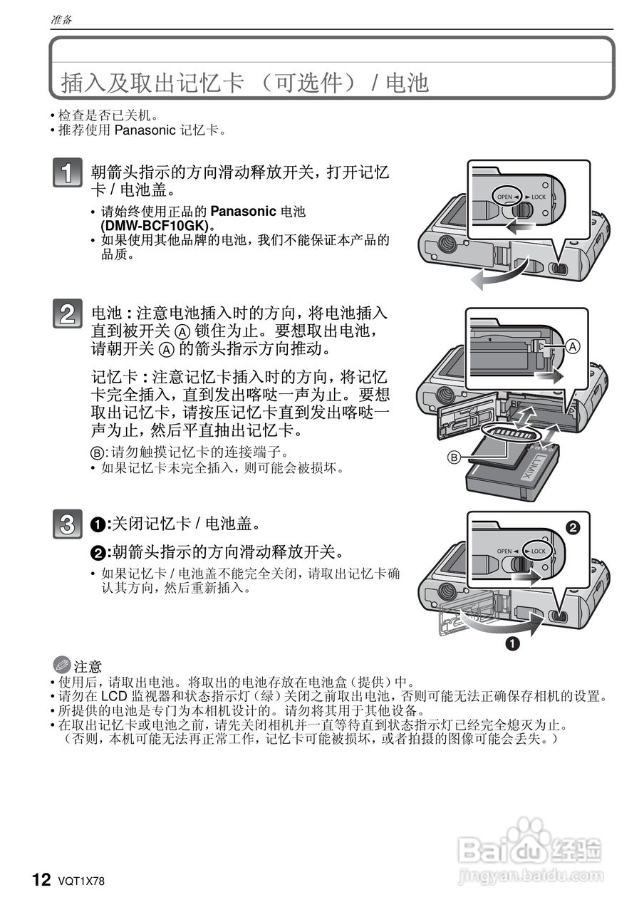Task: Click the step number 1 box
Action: (x=68, y=174)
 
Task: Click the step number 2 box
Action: (x=68, y=314)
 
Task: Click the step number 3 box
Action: (x=68, y=524)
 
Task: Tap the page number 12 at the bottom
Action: (x=41, y=880)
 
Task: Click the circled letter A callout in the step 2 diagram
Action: (x=573, y=346)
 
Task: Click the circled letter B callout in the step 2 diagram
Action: (x=454, y=457)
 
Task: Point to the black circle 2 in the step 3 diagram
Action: (x=573, y=527)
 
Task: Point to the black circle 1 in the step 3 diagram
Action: (x=511, y=644)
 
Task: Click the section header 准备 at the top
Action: (x=61, y=20)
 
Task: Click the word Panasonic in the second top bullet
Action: (x=145, y=130)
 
